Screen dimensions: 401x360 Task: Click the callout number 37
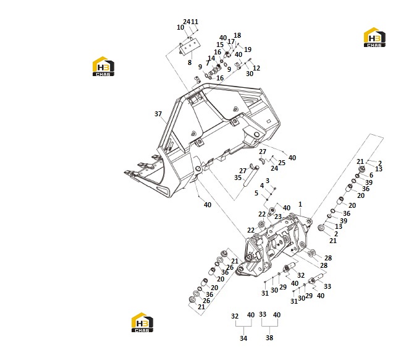[158, 114]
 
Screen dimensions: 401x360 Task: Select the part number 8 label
[190, 62]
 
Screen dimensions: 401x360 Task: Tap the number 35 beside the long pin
[238, 178]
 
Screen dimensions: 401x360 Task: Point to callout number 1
[300, 204]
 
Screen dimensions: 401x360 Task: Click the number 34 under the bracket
[243, 338]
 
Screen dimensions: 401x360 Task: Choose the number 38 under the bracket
[269, 338]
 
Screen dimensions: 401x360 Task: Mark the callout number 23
[278, 216]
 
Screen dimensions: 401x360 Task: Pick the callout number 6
[371, 175]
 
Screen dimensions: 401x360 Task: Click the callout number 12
[256, 68]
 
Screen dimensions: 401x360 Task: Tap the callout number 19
[248, 49]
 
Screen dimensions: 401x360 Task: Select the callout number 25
[282, 163]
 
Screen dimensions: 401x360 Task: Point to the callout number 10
[180, 27]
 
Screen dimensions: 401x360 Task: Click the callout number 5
[256, 193]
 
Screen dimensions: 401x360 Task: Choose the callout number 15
[220, 45]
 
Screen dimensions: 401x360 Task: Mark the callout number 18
[237, 35]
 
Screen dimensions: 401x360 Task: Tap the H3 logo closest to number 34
[142, 322]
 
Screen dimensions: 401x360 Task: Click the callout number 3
[268, 181]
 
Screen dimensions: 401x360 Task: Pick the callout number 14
[211, 58]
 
